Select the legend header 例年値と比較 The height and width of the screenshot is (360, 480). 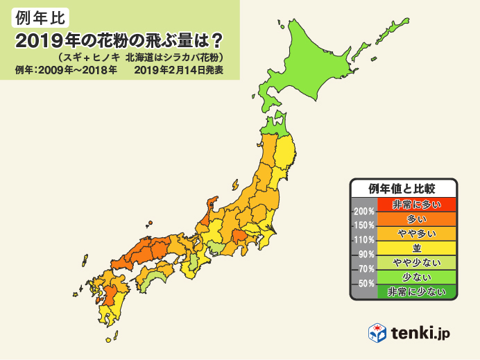coord(403,189)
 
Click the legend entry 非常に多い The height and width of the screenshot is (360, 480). coord(415,204)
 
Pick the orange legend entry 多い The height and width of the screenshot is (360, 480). coord(415,218)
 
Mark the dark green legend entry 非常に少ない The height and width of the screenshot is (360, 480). coord(415,291)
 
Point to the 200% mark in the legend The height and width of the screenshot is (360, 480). coord(364,211)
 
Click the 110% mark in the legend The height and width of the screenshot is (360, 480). coord(364,240)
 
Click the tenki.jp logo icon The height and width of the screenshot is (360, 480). coord(377,333)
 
